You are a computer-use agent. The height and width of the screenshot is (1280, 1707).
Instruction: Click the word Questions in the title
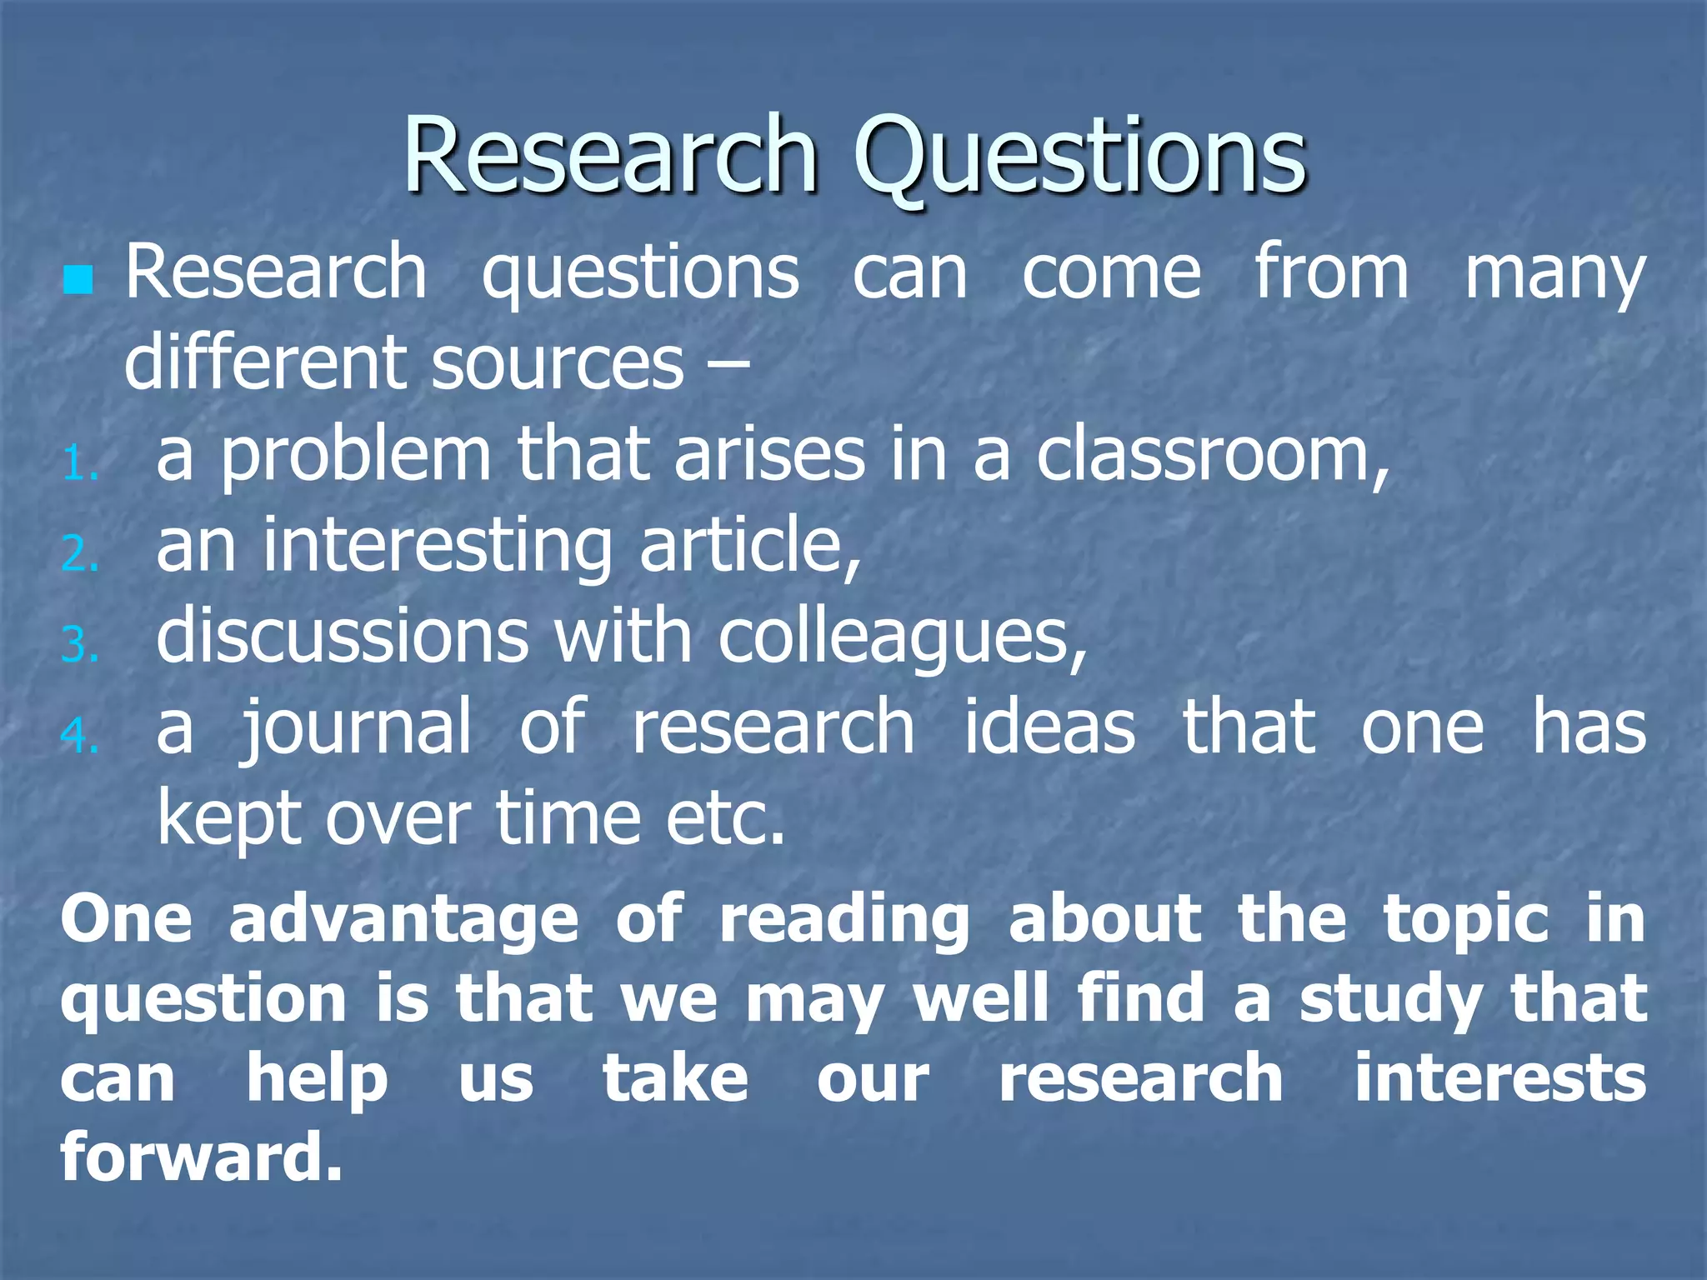(1079, 157)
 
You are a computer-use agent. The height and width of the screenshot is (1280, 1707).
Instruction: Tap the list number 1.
(79, 464)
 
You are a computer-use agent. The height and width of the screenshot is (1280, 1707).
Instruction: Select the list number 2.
(79, 554)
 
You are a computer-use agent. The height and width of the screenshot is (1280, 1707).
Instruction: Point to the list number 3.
(79, 646)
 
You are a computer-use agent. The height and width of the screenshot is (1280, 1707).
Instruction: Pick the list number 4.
(79, 736)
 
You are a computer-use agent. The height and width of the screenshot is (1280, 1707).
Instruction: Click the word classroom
(1213, 456)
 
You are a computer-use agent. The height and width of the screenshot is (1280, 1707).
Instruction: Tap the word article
(750, 546)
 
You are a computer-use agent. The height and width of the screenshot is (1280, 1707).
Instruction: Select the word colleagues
(903, 638)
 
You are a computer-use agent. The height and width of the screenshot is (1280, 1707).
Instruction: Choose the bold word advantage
(403, 921)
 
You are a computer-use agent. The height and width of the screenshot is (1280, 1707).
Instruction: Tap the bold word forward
(201, 1157)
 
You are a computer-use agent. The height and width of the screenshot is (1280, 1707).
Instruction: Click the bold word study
(1390, 1000)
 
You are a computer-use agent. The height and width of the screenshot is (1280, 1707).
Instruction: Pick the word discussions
(343, 637)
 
